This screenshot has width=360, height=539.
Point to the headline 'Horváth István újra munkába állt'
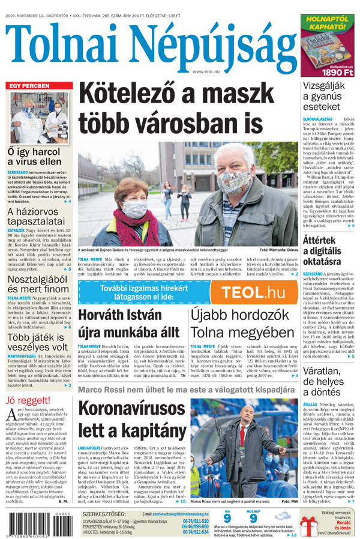[x=130, y=324]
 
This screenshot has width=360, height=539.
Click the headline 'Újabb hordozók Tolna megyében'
[x=242, y=324]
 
